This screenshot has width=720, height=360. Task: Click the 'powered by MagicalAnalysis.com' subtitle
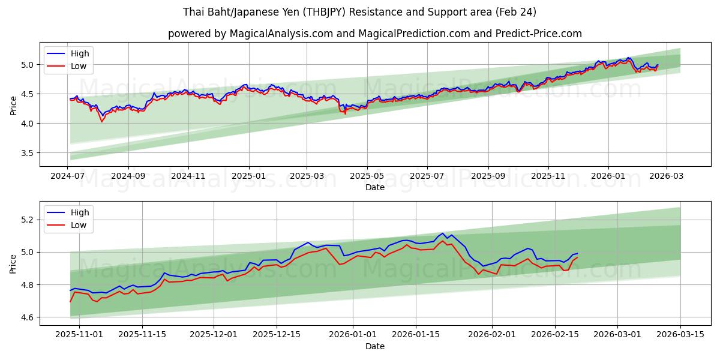coord(375,34)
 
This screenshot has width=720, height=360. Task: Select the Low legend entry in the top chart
coord(79,66)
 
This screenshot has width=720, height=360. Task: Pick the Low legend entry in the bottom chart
coord(79,225)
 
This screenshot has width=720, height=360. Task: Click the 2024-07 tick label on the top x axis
coord(68,176)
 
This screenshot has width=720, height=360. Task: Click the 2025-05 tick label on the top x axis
coord(367,176)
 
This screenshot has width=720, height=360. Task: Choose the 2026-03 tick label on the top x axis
coord(666,176)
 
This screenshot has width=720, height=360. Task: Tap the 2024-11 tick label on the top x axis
coord(189,176)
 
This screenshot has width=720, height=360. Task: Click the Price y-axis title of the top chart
coord(13,104)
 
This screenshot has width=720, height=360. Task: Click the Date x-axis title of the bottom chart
coord(375,346)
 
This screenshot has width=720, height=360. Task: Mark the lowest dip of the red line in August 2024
coord(101,122)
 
